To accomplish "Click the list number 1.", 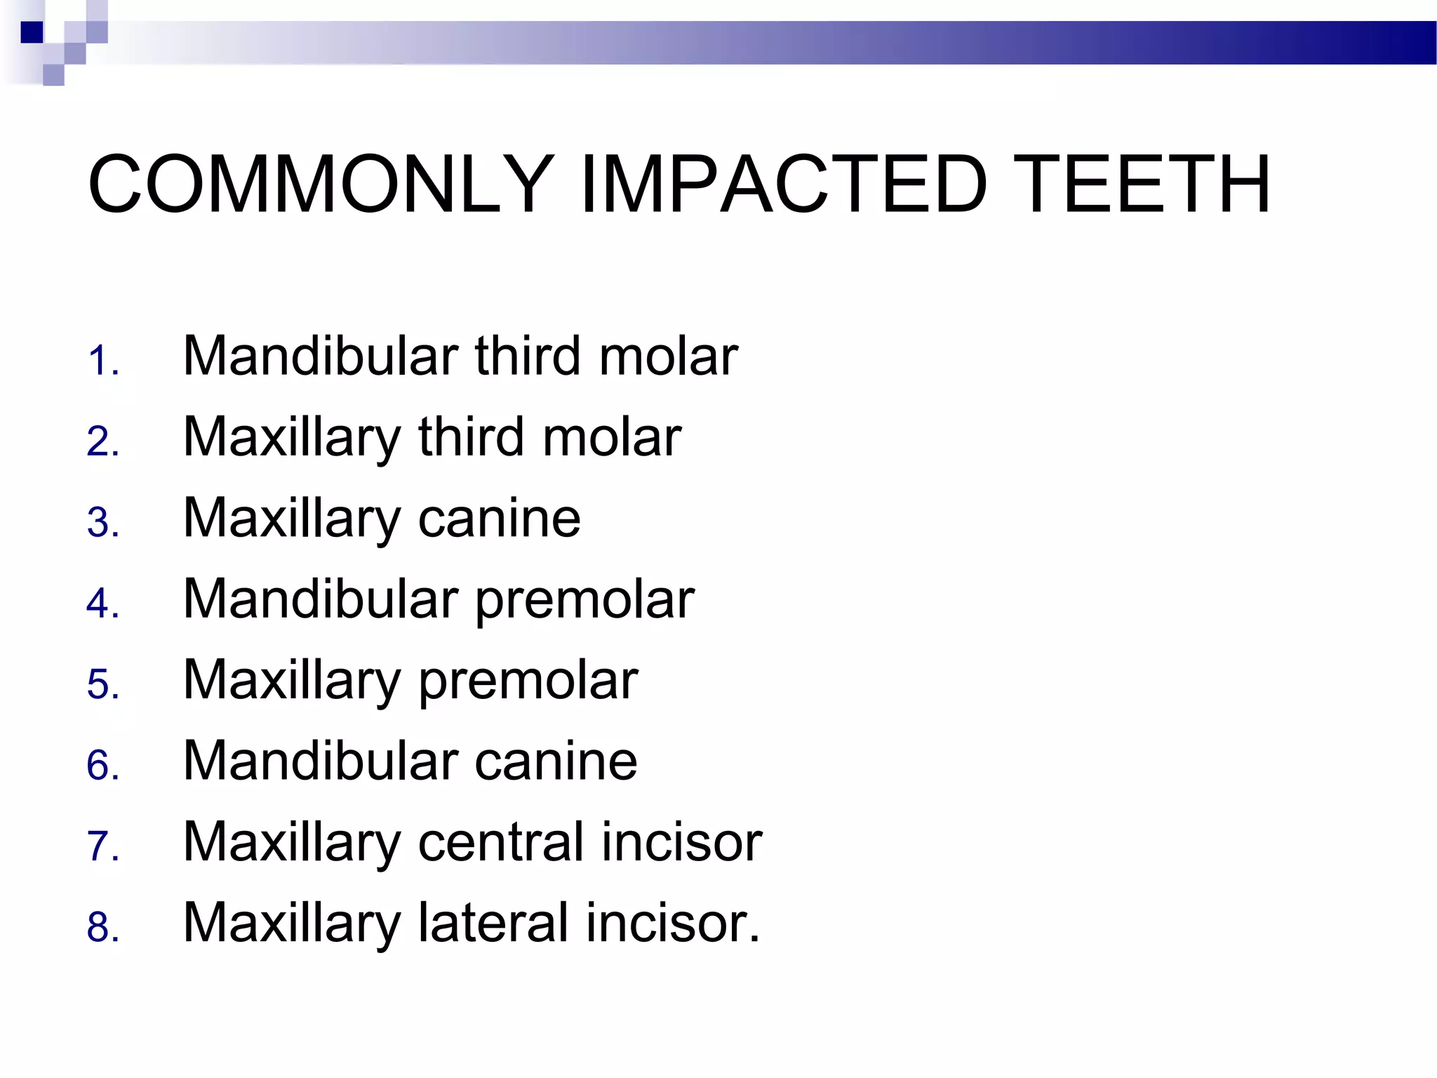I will click(x=102, y=361).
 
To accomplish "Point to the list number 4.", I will click(x=102, y=604).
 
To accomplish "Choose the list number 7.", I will click(x=102, y=846).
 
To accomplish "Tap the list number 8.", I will click(x=102, y=927).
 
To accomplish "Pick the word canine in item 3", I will click(x=500, y=518).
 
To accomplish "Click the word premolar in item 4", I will click(x=585, y=599).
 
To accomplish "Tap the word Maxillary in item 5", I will click(x=292, y=680).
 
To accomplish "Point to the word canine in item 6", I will click(x=556, y=761).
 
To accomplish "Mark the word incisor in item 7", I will click(x=674, y=842).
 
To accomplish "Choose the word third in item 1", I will click(x=528, y=356).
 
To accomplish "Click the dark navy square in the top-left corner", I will click(x=32, y=32).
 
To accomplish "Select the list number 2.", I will click(x=102, y=442).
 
